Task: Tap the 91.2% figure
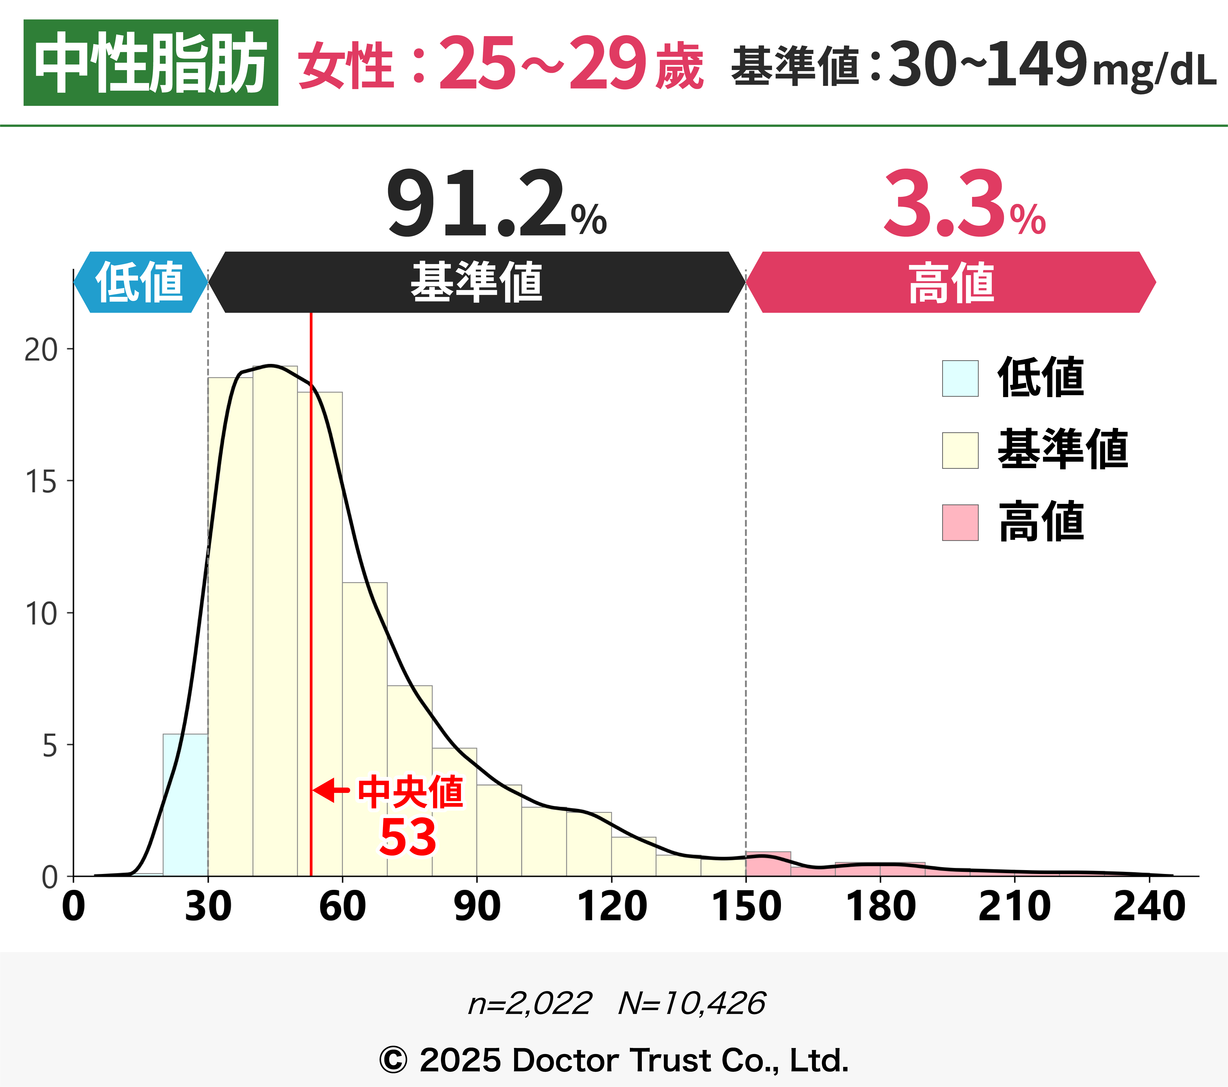click(x=496, y=204)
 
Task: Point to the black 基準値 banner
click(x=476, y=282)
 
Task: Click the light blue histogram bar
click(x=185, y=805)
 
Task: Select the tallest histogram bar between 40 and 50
click(x=275, y=619)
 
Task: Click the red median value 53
click(x=408, y=837)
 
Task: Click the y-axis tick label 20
click(x=41, y=349)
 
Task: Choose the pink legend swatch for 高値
click(x=960, y=522)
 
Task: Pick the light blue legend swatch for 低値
click(x=960, y=378)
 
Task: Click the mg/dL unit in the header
click(x=1154, y=71)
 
